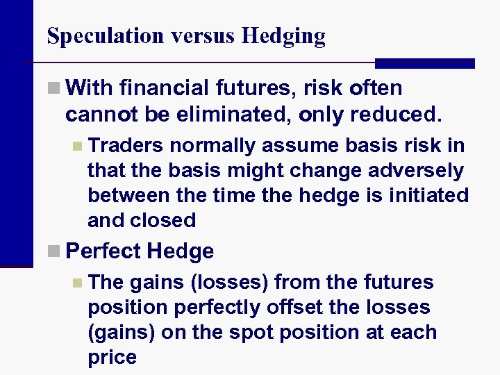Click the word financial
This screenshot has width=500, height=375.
164,89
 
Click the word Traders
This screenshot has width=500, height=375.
126,146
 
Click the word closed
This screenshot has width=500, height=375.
165,221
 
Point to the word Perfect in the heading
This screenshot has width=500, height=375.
103,251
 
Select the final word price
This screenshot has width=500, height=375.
112,358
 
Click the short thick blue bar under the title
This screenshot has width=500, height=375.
424,63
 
